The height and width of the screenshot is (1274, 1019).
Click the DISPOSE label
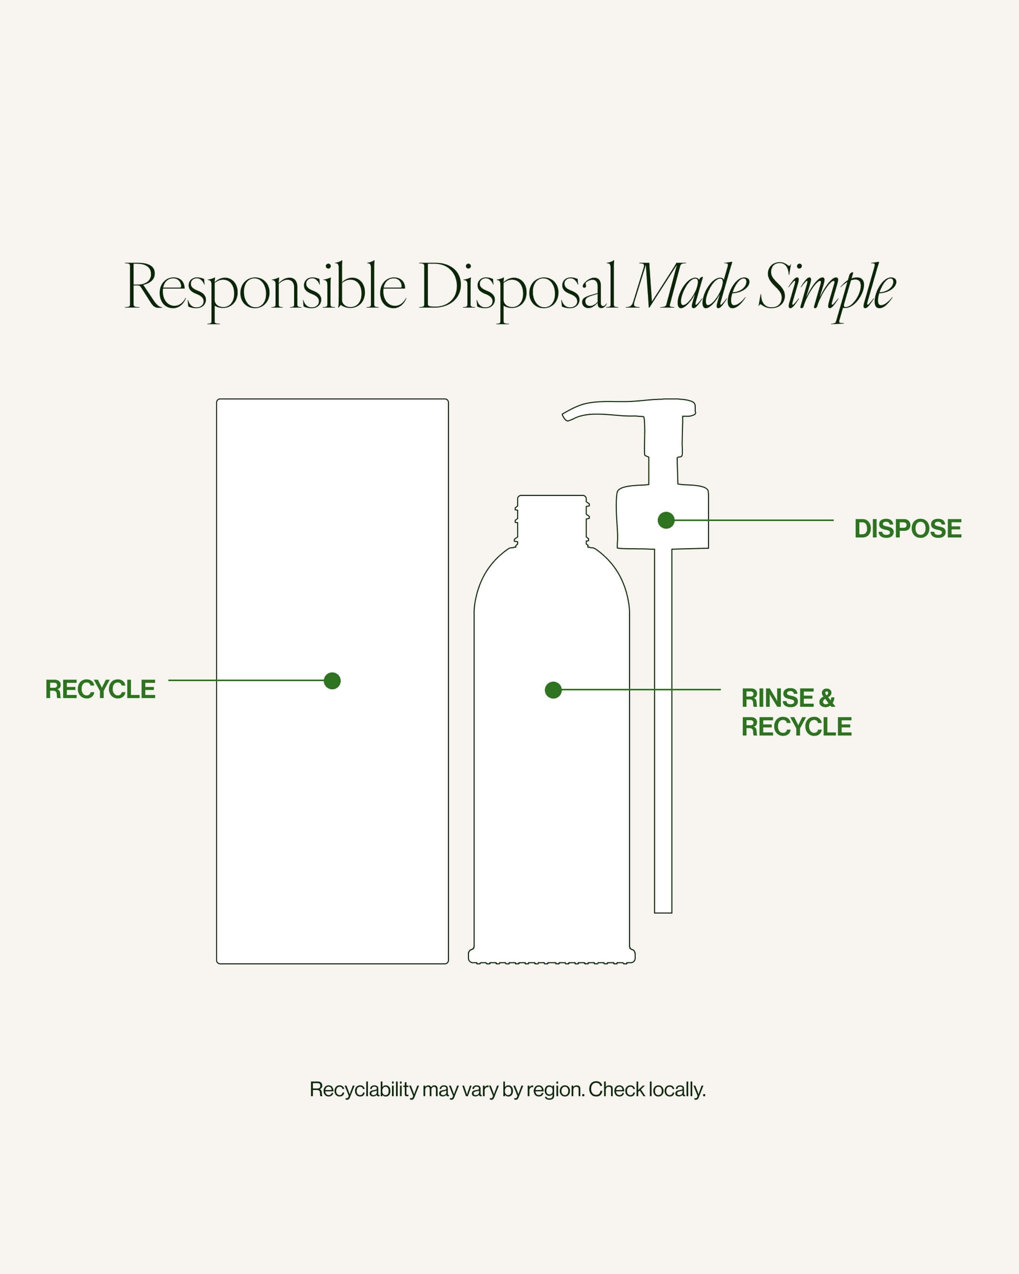click(907, 528)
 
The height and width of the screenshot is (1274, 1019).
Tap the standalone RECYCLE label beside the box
click(101, 689)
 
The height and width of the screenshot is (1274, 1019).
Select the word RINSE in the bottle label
click(777, 698)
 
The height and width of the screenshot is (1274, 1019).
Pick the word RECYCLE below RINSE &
click(796, 727)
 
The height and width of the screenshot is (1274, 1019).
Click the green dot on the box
click(332, 681)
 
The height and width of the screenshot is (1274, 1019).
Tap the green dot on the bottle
click(553, 690)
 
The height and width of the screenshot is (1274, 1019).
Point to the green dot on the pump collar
click(666, 520)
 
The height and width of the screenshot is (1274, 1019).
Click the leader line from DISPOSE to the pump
click(754, 520)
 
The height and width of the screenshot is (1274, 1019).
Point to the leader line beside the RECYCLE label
click(246, 680)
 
